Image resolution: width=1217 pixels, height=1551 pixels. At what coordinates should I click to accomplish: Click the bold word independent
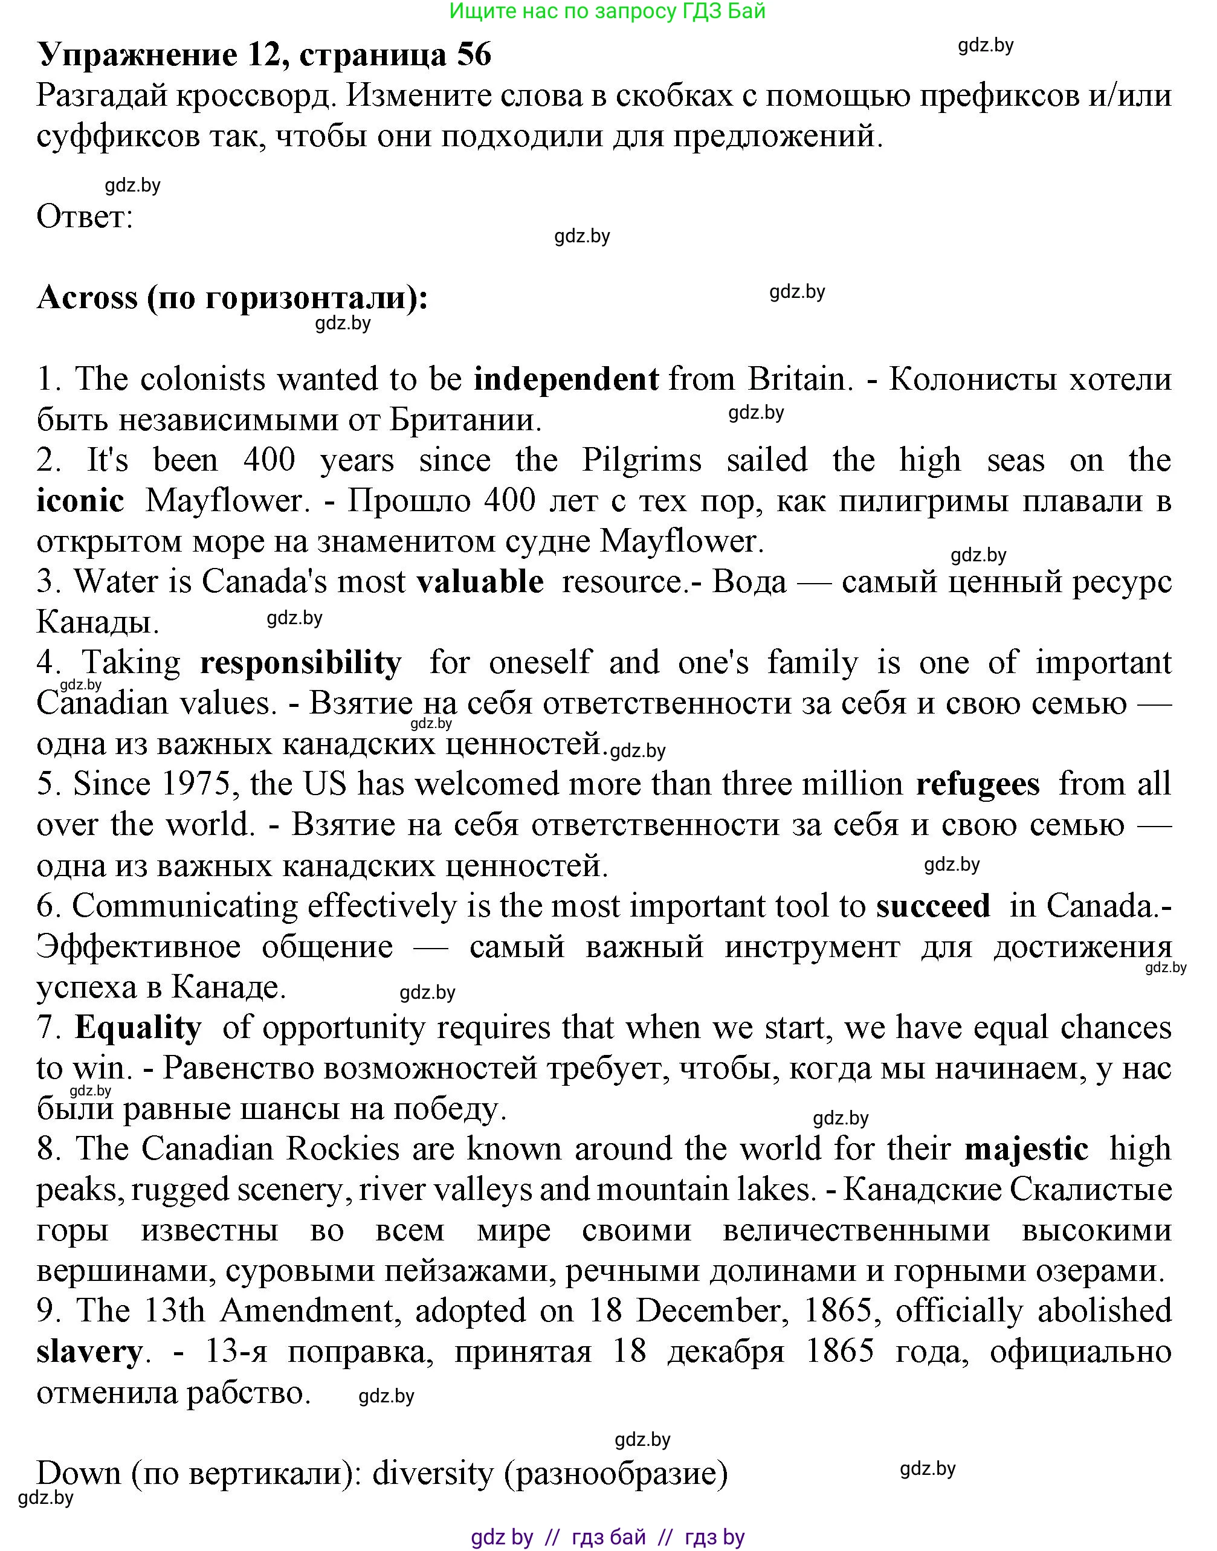pyautogui.click(x=566, y=379)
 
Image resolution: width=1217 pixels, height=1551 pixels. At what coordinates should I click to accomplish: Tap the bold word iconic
pyautogui.click(x=80, y=501)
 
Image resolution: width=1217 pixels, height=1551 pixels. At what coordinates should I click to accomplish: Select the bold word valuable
pyautogui.click(x=480, y=582)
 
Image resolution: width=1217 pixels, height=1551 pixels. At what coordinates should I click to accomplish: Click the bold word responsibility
pyautogui.click(x=301, y=663)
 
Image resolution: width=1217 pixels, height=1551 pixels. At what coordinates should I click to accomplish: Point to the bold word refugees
pyautogui.click(x=977, y=784)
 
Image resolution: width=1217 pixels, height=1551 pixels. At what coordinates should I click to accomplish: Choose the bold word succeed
pyautogui.click(x=933, y=906)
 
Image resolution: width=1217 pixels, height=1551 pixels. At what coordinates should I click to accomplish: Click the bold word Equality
pyautogui.click(x=138, y=1028)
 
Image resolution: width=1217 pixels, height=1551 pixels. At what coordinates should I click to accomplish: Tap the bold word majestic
pyautogui.click(x=1026, y=1149)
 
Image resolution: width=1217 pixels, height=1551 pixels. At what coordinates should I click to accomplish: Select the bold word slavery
pyautogui.click(x=89, y=1352)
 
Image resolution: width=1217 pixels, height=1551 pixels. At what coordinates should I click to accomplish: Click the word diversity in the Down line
pyautogui.click(x=433, y=1473)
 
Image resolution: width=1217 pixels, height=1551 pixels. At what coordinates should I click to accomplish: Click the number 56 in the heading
pyautogui.click(x=474, y=55)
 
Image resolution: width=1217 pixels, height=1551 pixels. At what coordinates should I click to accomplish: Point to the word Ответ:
pyautogui.click(x=85, y=216)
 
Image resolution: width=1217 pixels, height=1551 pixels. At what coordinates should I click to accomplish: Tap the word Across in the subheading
pyautogui.click(x=87, y=298)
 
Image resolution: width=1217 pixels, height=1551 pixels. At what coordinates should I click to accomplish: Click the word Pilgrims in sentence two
pyautogui.click(x=641, y=461)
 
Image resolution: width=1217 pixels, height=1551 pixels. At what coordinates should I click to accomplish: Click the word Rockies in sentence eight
pyautogui.click(x=341, y=1149)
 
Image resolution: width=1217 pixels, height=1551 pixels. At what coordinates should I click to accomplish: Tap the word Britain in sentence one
pyautogui.click(x=799, y=379)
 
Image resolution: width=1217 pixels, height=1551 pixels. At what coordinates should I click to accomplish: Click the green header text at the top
pyautogui.click(x=608, y=11)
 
